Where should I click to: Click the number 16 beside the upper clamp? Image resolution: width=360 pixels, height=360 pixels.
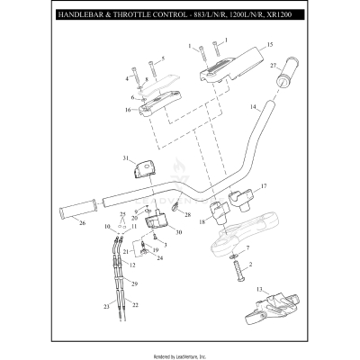coord(128,110)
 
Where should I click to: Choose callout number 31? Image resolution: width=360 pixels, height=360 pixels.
coord(125,158)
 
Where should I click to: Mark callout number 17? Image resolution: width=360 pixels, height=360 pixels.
coord(265,187)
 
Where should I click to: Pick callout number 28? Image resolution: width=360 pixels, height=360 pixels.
coord(187,215)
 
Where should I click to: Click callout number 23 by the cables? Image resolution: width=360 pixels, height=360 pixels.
coord(106,308)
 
